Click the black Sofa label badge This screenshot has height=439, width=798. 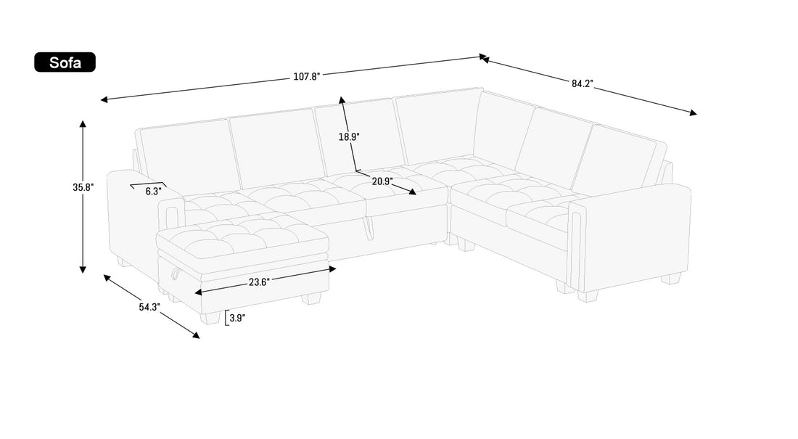pos(65,62)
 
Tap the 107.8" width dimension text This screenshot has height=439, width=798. pos(306,76)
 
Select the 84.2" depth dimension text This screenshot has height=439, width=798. pos(583,83)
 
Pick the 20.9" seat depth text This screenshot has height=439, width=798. pos(382,181)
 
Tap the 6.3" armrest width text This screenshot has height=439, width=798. pos(152,192)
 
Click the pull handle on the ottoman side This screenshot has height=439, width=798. pos(174,274)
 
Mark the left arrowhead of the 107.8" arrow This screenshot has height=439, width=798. pos(104,99)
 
